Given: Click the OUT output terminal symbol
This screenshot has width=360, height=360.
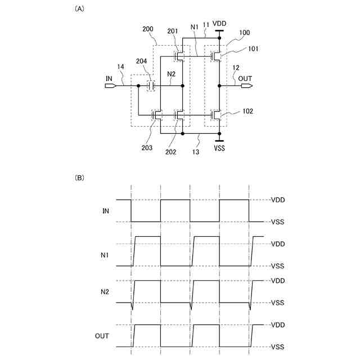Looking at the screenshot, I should point(247,86).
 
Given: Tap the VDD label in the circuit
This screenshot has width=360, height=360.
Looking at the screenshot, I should point(219,23).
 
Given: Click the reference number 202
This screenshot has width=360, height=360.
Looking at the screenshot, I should point(170,151).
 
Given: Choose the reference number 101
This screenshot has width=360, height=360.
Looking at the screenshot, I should point(254,48).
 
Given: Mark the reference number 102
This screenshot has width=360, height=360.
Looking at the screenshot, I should point(248,111).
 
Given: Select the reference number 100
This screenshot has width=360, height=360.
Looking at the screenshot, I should point(245,33).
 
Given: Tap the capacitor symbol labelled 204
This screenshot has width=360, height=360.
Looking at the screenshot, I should point(151,86).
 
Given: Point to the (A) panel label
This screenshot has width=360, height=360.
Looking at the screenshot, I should point(79,9).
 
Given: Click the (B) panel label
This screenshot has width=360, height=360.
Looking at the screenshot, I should point(79,178).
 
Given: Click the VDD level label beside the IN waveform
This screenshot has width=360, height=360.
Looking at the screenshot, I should point(278,200).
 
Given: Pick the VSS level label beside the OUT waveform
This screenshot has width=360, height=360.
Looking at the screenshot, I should point(278,347).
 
